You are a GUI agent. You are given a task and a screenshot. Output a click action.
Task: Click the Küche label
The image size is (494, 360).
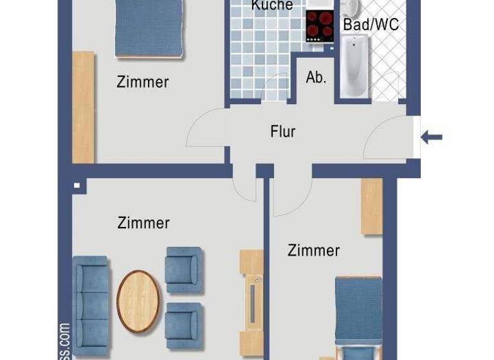coord(271,6)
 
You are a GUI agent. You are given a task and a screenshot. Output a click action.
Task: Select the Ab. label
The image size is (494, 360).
coord(316,78)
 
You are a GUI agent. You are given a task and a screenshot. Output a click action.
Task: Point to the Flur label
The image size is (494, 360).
coord(282,132)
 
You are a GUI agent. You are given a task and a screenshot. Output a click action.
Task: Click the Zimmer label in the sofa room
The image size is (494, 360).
coord(143,223)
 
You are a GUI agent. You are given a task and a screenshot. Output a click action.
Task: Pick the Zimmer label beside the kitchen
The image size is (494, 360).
coord(142,82)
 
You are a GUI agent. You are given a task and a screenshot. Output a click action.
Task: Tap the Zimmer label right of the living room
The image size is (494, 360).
coord(313,250)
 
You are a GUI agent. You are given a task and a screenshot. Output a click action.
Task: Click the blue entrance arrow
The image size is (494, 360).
coord(432,136)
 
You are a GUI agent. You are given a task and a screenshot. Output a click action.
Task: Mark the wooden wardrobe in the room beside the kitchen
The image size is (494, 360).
coord(83,107)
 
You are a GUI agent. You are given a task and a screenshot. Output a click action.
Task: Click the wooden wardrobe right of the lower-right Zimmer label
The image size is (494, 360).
coord(371,206)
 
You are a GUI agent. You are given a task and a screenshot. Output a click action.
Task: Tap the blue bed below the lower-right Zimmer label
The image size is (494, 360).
coord(358,315)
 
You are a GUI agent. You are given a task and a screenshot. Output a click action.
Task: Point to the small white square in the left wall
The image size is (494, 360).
coord(77,186)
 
